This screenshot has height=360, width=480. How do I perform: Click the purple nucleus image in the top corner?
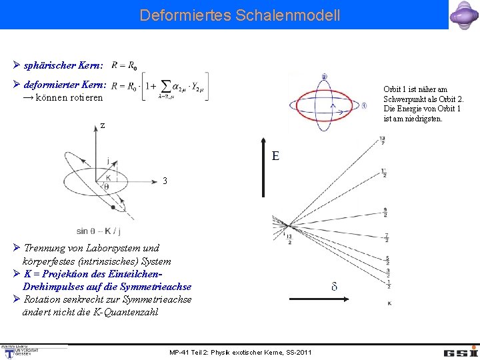[464, 15]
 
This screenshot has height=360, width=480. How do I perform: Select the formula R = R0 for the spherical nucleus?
[125, 65]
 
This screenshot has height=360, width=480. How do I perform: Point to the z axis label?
[103, 125]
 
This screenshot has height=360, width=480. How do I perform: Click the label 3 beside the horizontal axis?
[165, 181]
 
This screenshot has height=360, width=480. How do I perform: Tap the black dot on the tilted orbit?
[114, 207]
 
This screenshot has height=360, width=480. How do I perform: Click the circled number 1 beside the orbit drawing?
[364, 105]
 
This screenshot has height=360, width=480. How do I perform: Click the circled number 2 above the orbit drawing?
[324, 77]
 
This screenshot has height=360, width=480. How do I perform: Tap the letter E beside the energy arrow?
[275, 157]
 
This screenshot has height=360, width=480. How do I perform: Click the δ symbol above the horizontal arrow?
[334, 287]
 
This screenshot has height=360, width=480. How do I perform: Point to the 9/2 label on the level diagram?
[386, 213]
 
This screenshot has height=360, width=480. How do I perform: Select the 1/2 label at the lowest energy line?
[388, 284]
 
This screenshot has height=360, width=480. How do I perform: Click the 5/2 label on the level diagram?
[387, 260]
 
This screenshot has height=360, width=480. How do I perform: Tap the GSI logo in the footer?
[461, 351]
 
